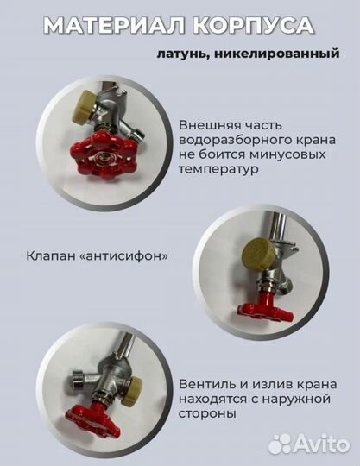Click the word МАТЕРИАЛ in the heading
pyautogui.click(x=104, y=26)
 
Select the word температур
pyautogui.click(x=219, y=170)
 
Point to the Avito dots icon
pyautogui.click(x=281, y=443)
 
